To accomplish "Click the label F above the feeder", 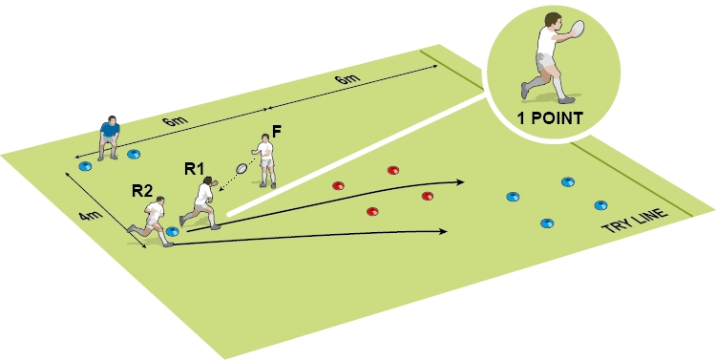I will [277, 130].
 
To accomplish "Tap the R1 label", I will [195, 169].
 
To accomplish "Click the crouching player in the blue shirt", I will [110, 137].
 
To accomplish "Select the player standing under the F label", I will [265, 160].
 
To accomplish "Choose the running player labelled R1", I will [201, 201].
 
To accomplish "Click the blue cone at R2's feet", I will [173, 231].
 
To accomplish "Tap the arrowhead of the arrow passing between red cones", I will [462, 180].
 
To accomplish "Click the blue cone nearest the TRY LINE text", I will [600, 204].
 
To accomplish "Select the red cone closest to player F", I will [336, 185].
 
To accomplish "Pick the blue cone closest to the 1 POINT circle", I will [569, 180].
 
